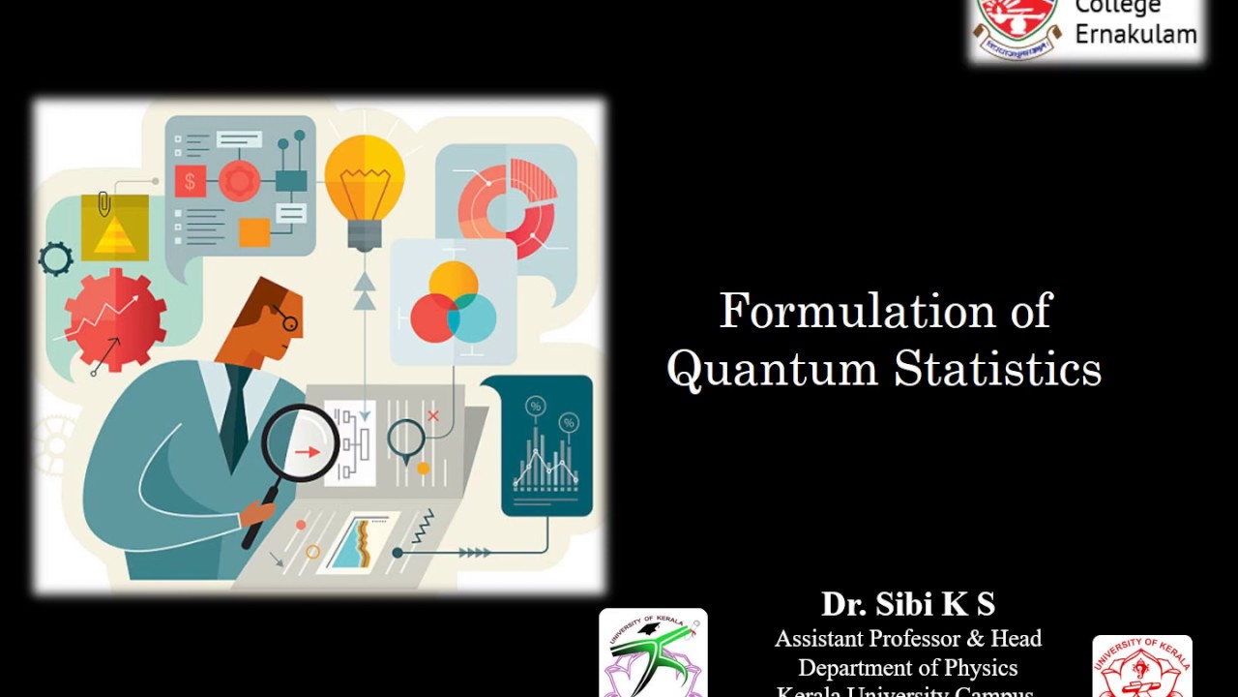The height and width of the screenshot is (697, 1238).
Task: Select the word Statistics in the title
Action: pyautogui.click(x=997, y=370)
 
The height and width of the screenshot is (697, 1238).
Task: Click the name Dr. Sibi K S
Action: pyautogui.click(x=907, y=604)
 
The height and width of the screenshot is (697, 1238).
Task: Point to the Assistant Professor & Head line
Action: pyautogui.click(x=907, y=639)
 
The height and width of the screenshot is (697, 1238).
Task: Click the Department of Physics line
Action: pyautogui.click(x=907, y=668)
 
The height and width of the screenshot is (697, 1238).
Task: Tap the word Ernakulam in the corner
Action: pyautogui.click(x=1135, y=34)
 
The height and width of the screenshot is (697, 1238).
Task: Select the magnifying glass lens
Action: pyautogui.click(x=301, y=444)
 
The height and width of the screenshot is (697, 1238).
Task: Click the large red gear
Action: pyautogui.click(x=115, y=318)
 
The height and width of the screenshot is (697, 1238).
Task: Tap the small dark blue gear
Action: pyautogui.click(x=56, y=258)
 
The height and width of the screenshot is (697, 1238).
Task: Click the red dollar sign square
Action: pyautogui.click(x=190, y=181)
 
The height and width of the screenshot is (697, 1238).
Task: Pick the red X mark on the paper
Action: pyautogui.click(x=432, y=416)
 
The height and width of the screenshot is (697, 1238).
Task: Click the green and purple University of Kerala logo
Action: pyautogui.click(x=653, y=652)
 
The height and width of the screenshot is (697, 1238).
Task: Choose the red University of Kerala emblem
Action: pyautogui.click(x=1141, y=668)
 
